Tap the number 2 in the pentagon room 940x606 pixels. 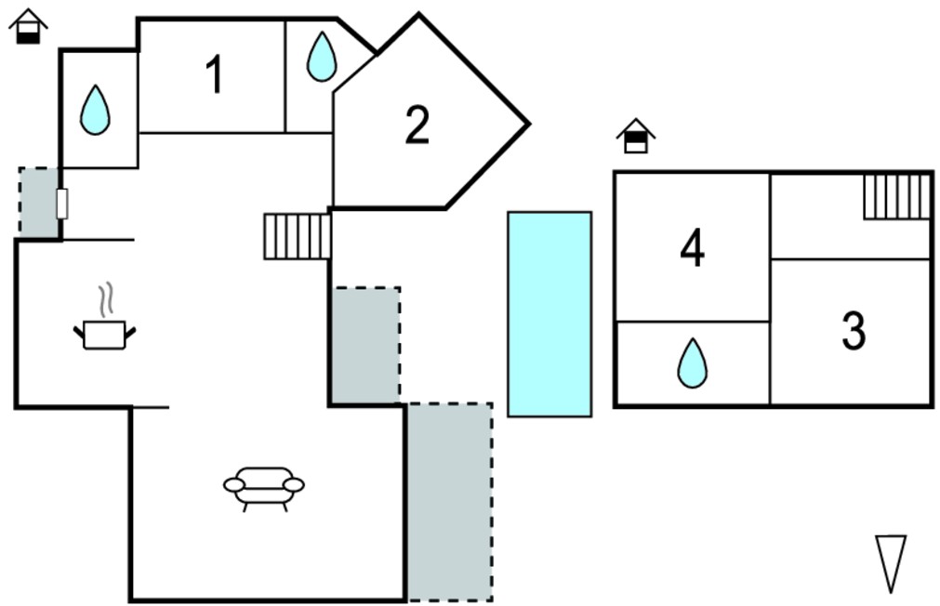417,125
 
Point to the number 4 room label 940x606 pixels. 693,247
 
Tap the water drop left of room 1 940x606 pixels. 96,110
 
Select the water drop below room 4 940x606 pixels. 693,362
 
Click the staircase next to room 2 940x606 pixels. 298,236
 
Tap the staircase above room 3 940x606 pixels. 897,197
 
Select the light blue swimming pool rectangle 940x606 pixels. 549,313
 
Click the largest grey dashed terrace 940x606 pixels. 450,502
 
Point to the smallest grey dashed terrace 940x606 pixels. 39,202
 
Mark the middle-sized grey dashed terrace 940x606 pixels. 366,345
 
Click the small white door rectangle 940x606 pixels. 62,204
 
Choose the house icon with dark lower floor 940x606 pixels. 28,26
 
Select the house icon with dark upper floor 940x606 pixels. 636,136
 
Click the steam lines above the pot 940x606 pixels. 106,299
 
